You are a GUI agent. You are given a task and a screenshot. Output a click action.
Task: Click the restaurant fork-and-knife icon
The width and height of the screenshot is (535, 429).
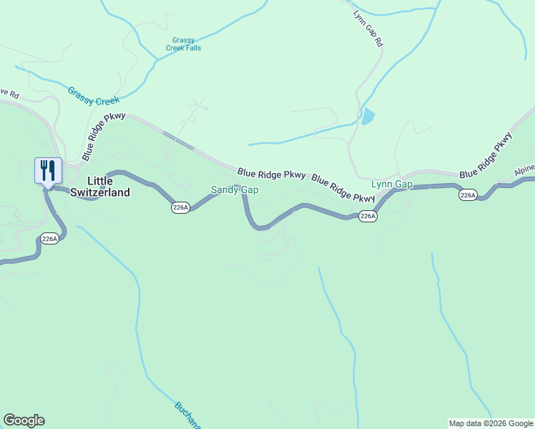(x=48, y=171)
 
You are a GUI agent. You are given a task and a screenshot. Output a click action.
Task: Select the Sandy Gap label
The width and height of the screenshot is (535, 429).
(x=234, y=190)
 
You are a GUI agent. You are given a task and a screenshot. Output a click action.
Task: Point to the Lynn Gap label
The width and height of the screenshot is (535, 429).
(x=392, y=184)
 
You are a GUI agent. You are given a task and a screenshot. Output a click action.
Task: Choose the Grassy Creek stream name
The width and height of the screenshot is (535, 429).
(x=94, y=97)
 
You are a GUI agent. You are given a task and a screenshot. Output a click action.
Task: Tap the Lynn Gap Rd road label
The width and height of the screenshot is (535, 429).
(x=368, y=28)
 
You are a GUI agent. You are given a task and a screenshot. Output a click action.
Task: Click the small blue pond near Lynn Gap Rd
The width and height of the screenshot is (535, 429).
(x=368, y=116)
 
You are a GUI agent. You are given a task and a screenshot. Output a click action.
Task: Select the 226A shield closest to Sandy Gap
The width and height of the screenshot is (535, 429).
(x=180, y=207)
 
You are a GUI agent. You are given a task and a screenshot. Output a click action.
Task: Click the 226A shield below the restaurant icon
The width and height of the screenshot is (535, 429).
(x=49, y=240)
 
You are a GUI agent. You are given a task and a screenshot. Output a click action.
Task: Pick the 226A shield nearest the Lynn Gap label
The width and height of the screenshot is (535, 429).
(x=367, y=216)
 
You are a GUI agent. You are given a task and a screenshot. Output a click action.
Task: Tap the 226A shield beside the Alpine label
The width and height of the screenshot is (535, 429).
(x=468, y=195)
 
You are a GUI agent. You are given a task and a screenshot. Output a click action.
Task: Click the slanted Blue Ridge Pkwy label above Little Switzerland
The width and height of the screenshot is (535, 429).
(x=104, y=136)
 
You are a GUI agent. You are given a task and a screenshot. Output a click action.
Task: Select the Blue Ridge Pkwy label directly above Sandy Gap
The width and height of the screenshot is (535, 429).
(x=272, y=174)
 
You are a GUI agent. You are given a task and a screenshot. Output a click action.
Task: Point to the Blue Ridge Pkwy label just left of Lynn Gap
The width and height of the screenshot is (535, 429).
(x=343, y=189)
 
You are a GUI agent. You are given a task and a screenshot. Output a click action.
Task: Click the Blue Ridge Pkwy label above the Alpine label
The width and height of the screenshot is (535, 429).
(x=486, y=155)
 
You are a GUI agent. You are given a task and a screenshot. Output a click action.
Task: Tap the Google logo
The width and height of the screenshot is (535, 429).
(x=24, y=420)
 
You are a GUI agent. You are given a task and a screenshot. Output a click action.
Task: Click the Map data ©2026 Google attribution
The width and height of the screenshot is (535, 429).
(x=491, y=423)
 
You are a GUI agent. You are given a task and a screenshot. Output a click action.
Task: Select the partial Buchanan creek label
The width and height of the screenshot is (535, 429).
(x=187, y=414)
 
